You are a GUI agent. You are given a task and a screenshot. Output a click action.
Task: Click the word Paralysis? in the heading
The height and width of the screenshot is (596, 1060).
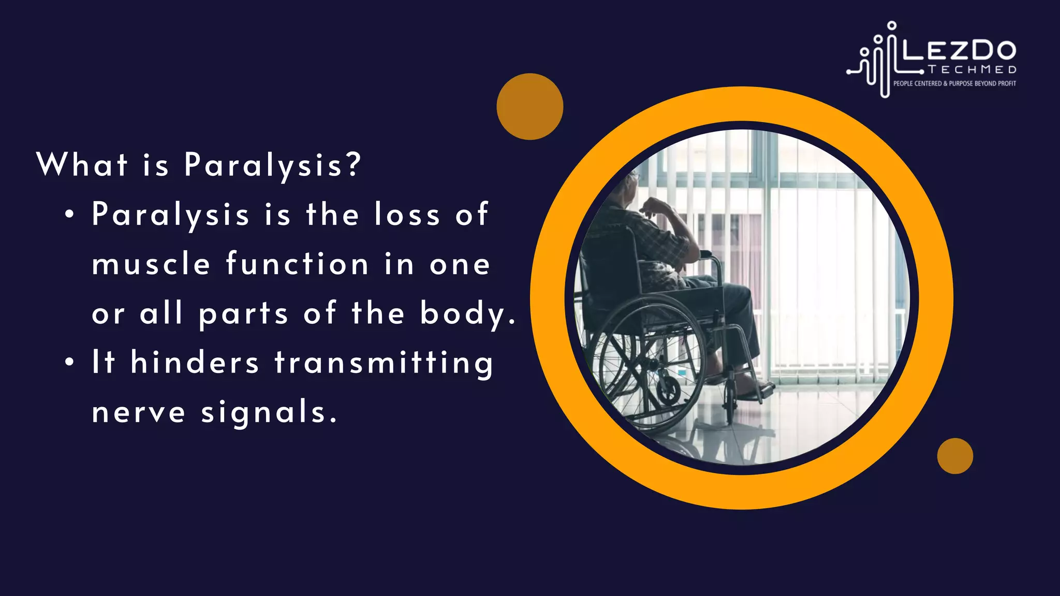point(272,166)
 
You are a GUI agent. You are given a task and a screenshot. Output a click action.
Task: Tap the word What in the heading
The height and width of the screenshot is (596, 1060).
point(82,165)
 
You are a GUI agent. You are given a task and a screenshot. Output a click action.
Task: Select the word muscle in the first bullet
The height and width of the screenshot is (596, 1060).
point(151,264)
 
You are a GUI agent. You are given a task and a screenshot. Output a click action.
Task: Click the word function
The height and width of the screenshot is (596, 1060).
point(297,264)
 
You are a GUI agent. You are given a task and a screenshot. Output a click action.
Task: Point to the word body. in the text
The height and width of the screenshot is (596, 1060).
point(468,314)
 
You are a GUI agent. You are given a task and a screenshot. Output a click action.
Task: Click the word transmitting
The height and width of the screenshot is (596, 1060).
point(384,363)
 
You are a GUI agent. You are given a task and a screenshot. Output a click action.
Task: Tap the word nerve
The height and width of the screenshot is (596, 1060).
point(138,412)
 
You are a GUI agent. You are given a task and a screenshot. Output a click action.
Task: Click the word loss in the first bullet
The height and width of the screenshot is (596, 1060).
point(407,214)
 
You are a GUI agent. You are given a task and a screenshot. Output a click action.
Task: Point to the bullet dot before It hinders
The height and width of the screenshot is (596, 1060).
point(69,363)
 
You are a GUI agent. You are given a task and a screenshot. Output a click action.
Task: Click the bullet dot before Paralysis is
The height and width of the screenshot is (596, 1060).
point(69,215)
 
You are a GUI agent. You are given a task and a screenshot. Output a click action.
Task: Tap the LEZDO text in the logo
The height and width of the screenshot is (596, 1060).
point(959,51)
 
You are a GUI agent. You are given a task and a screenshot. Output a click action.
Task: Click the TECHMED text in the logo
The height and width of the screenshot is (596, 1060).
point(972,70)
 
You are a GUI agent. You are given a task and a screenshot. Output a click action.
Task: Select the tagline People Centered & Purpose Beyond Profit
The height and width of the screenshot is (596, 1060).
point(954,83)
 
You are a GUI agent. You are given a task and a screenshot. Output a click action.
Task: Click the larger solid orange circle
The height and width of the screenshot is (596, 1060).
point(529,107)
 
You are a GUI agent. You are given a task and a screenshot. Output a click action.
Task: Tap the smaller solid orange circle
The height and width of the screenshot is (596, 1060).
point(955,456)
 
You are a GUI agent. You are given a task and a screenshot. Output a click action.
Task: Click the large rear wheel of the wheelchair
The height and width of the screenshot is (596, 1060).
point(647,362)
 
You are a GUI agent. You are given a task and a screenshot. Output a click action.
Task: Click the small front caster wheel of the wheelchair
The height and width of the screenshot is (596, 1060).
point(730,400)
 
